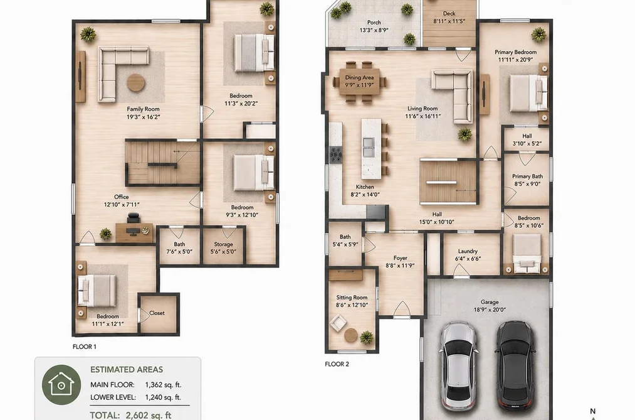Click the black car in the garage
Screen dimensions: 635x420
[x=515, y=365]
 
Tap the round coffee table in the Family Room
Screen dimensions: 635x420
[x=136, y=83]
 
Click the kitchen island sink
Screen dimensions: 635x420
[x=369, y=147]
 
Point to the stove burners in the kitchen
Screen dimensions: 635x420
[x=336, y=155]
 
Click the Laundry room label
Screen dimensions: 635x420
[x=468, y=251]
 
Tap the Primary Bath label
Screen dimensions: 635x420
[x=527, y=176]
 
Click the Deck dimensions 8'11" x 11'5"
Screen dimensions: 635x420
[x=449, y=21]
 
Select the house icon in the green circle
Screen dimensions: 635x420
[x=61, y=384]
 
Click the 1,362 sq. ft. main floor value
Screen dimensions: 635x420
[x=163, y=385]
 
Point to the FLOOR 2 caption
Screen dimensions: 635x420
[x=337, y=364]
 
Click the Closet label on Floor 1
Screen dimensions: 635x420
[x=157, y=313]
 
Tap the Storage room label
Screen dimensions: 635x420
[x=224, y=244]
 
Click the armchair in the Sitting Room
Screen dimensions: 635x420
[x=338, y=323]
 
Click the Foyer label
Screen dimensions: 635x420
[x=400, y=258]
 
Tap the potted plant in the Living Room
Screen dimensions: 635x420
[x=465, y=134]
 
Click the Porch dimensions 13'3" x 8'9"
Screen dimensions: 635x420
[x=374, y=30]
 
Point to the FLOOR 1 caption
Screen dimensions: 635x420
[x=84, y=347]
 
